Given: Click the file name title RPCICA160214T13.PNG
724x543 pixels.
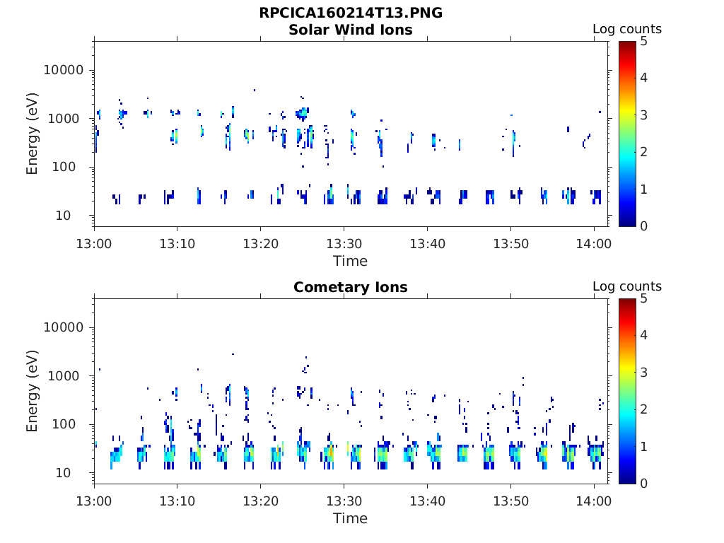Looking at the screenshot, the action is [x=351, y=13].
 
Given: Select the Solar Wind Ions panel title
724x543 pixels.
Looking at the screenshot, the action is [x=351, y=30].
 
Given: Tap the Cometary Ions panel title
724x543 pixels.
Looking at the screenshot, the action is [x=351, y=287].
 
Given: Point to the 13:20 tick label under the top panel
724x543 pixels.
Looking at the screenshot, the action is [x=261, y=243].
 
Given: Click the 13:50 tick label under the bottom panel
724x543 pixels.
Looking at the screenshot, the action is [x=510, y=501].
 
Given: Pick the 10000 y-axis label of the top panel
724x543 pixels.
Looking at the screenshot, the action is [x=63, y=70].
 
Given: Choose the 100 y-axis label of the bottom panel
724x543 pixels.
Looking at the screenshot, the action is [x=63, y=424].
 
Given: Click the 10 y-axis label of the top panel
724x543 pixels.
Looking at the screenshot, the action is [x=63, y=215].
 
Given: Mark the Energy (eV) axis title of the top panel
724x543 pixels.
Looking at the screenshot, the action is [x=32, y=134].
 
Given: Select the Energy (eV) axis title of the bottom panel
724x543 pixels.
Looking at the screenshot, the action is [x=32, y=391].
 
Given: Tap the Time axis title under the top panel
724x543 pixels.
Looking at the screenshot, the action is [x=351, y=261].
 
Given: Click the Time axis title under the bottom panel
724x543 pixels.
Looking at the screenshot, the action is [x=351, y=518].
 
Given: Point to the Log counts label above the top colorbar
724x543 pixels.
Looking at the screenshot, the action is [x=627, y=29].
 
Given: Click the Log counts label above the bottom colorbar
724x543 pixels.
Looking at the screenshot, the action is [x=627, y=286].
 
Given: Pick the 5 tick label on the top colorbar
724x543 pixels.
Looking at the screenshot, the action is [x=643, y=42].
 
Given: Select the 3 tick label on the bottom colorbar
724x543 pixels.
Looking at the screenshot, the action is [x=643, y=372].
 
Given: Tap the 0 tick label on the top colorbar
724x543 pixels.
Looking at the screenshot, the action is [x=643, y=226].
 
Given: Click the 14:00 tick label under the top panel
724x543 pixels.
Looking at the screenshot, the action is [x=594, y=243].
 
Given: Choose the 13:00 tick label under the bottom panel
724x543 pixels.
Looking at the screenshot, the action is [x=94, y=501].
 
